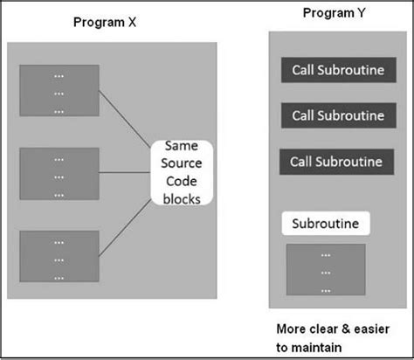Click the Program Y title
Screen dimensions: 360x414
[x=334, y=13]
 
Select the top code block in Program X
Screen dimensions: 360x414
[x=59, y=90]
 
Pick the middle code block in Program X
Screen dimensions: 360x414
[x=59, y=173]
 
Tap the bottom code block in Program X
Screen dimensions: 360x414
[x=59, y=255]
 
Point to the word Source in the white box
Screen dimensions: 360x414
[x=181, y=165]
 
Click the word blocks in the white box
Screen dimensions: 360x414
[x=181, y=198]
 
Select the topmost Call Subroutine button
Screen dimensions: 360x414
[x=337, y=70]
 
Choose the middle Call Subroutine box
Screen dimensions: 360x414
[x=337, y=115]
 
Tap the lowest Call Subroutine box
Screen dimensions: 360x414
[x=337, y=162]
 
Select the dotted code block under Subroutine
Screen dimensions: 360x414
[x=325, y=271]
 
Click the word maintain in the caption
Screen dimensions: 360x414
[x=328, y=347]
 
